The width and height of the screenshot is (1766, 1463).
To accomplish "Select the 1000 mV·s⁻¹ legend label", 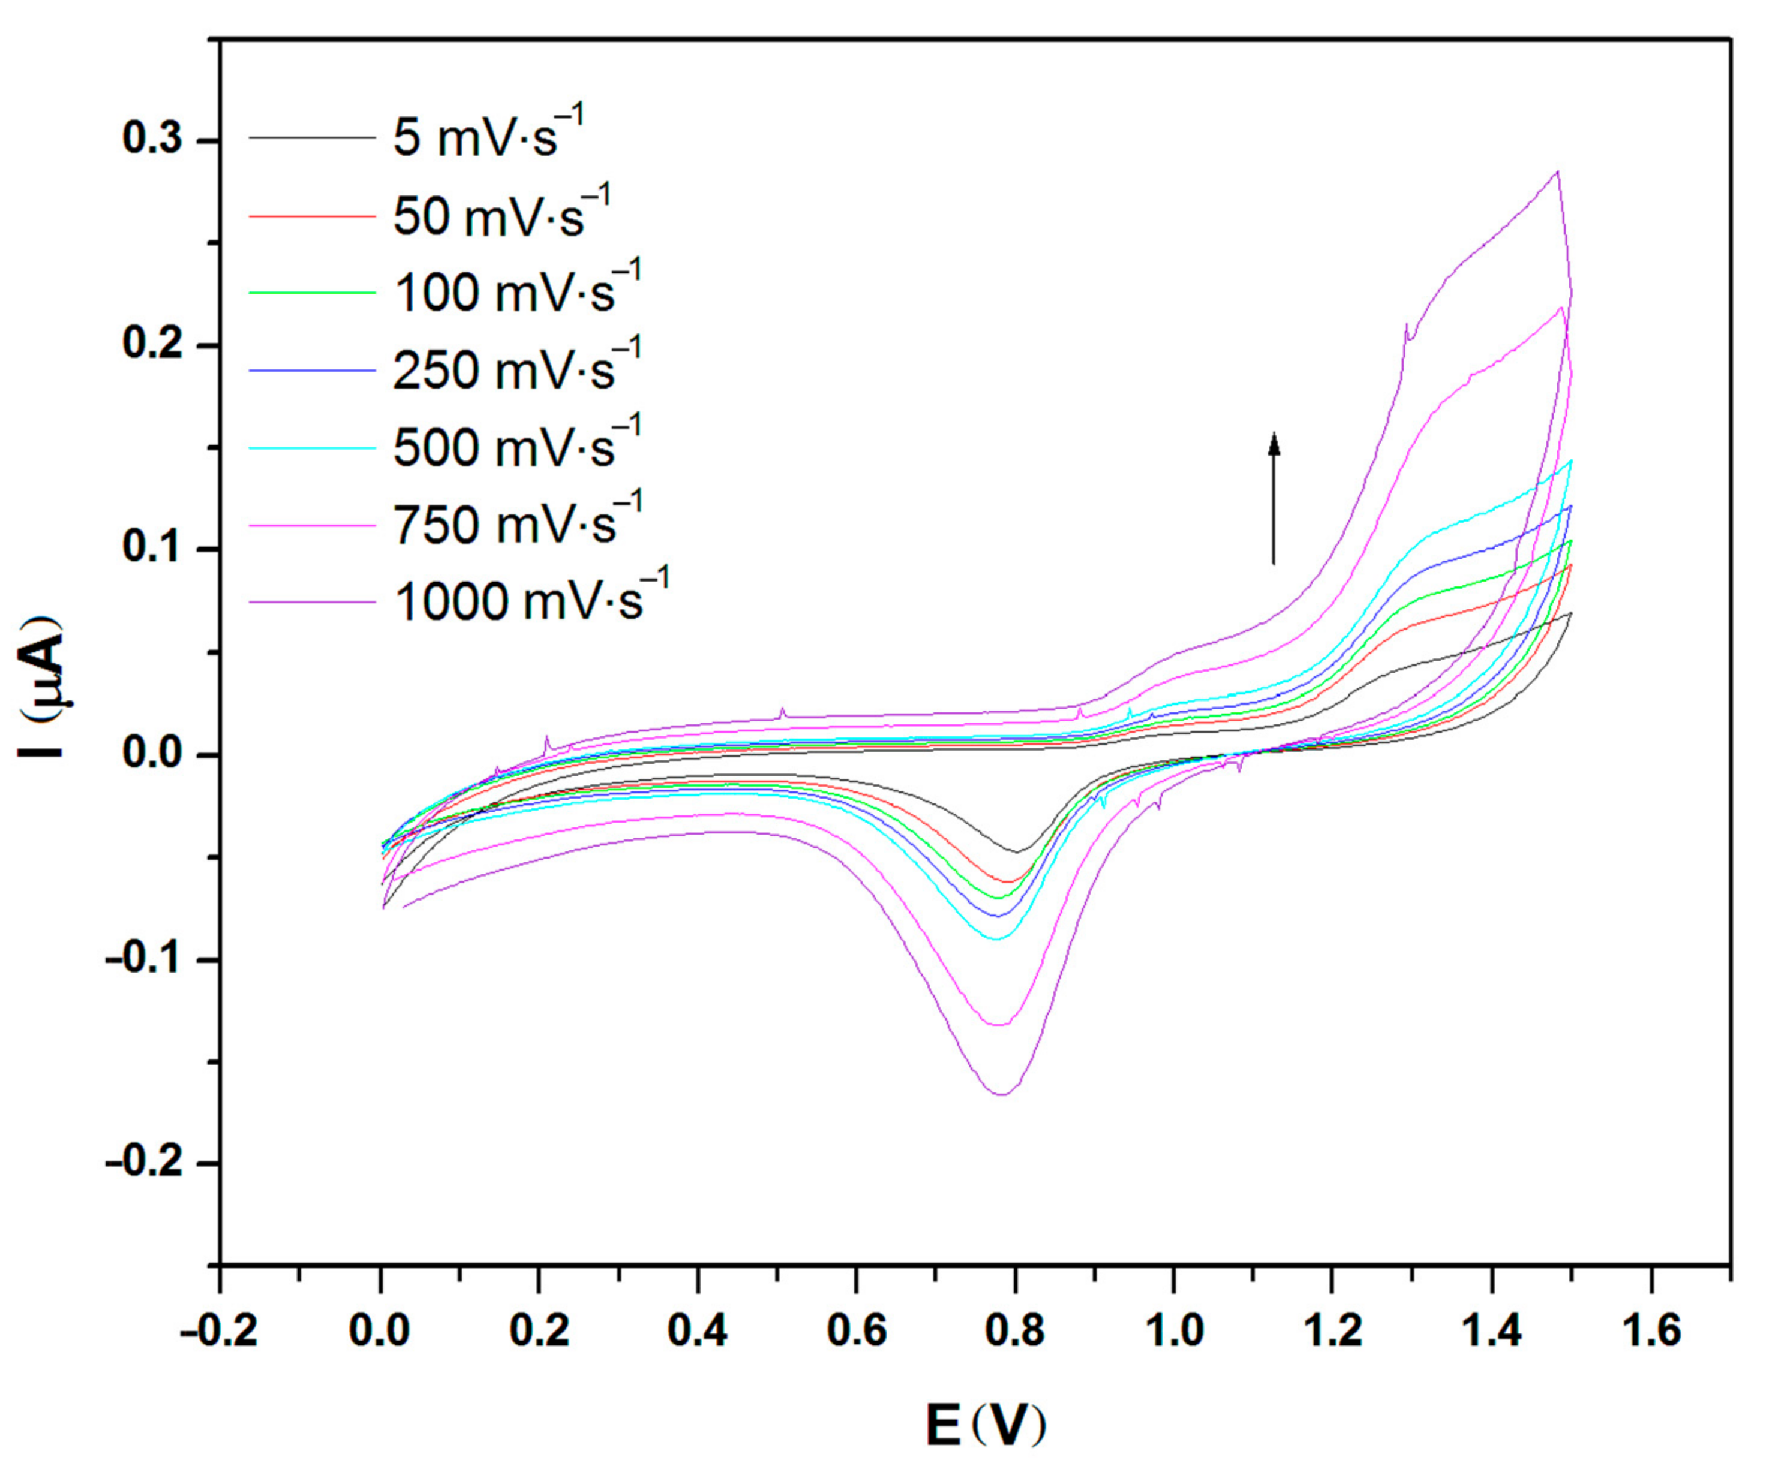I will point(530,600).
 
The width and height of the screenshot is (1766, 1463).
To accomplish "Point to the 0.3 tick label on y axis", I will point(153,139).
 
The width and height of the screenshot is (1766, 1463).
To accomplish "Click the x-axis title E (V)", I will point(986,1424).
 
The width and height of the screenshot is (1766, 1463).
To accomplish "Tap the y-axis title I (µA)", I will point(40,687).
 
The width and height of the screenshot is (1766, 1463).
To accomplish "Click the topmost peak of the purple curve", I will point(1557,171).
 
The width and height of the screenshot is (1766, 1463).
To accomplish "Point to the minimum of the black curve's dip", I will point(1016,853).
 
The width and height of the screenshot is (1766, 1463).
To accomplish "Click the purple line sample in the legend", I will point(311,601).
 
